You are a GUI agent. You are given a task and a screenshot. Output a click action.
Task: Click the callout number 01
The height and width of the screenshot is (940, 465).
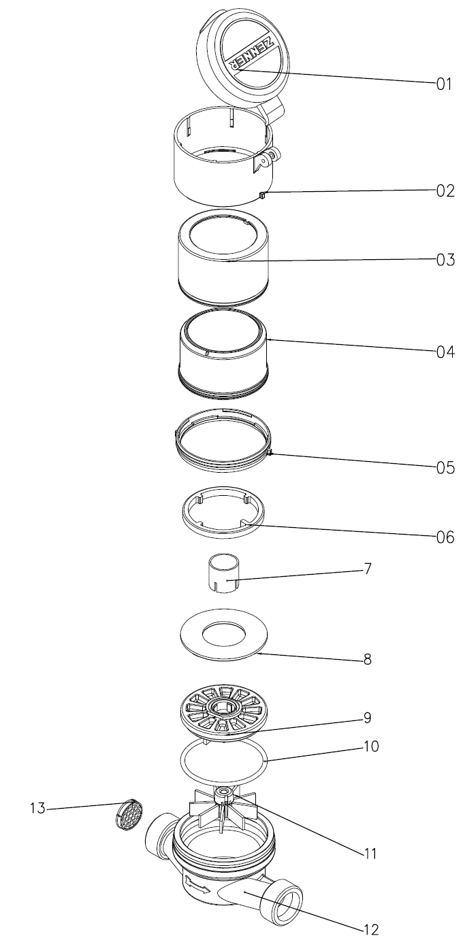pyautogui.click(x=444, y=84)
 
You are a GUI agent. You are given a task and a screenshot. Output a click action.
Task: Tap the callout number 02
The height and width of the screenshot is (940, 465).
pyautogui.click(x=445, y=191)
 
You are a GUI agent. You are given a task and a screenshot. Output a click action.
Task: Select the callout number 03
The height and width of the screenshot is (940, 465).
pyautogui.click(x=445, y=260)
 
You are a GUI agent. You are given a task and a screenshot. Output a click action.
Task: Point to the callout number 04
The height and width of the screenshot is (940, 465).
pyautogui.click(x=445, y=352)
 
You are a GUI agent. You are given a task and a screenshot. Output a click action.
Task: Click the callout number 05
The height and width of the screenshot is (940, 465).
pyautogui.click(x=445, y=467)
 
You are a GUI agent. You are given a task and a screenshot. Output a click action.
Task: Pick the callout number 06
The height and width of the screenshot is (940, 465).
pyautogui.click(x=445, y=537)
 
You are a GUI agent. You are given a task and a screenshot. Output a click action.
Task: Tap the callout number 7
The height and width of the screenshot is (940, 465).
pyautogui.click(x=368, y=569)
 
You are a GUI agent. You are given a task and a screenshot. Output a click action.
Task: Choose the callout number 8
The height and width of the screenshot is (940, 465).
pyautogui.click(x=368, y=659)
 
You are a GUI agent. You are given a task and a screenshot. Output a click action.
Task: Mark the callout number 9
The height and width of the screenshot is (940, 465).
pyautogui.click(x=368, y=718)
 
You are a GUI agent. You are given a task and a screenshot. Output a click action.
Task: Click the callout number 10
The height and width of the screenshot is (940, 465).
pyautogui.click(x=371, y=747)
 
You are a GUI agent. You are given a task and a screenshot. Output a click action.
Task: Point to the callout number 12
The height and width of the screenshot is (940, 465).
pyautogui.click(x=371, y=930)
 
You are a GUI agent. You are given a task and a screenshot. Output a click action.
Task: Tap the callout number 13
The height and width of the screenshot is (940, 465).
pyautogui.click(x=37, y=808)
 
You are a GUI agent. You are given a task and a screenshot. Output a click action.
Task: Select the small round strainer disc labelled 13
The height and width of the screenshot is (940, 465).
pyautogui.click(x=129, y=813)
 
